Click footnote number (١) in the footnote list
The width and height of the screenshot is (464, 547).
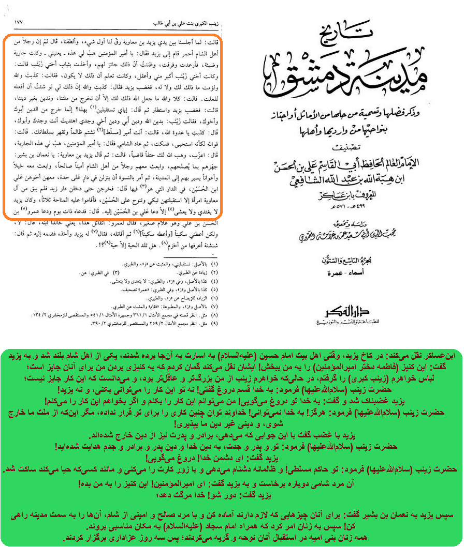tap(213, 264)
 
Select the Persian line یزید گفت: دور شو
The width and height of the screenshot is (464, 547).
tap(233, 495)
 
